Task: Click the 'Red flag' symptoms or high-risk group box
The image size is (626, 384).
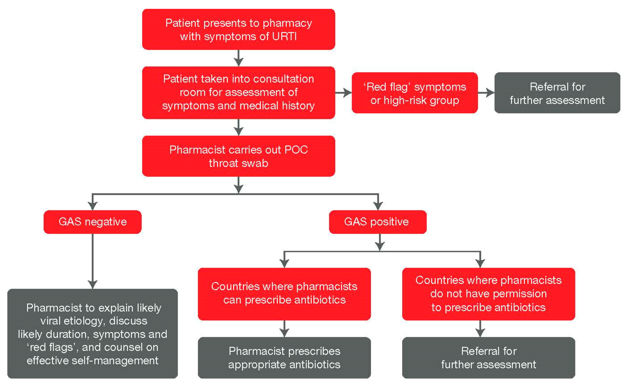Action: point(414,93)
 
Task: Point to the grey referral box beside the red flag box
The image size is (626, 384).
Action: point(557,93)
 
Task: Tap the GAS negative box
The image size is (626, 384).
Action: point(93,222)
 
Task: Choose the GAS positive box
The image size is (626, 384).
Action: point(378,222)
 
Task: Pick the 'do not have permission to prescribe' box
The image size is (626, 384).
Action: point(488,294)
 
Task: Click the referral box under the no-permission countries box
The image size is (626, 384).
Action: point(488,357)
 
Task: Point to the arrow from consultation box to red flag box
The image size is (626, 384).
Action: point(344,93)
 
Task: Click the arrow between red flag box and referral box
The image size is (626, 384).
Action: point(486,93)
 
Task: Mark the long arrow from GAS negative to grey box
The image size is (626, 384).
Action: point(93,261)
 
